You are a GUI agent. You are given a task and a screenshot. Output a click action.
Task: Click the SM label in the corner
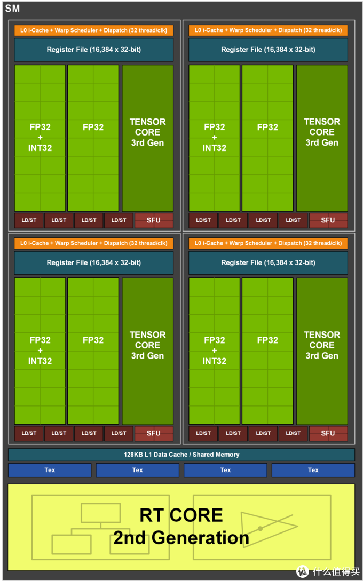pyautogui.click(x=12, y=9)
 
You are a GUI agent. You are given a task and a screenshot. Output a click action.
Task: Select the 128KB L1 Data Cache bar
pyautogui.click(x=181, y=455)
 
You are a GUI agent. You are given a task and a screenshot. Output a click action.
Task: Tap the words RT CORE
pyautogui.click(x=181, y=515)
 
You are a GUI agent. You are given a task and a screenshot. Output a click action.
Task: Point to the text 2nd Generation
pyautogui.click(x=181, y=537)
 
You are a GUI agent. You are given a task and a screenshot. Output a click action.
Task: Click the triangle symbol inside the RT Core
pyautogui.click(x=267, y=528)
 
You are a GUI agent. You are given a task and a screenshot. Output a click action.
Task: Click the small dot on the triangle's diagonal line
pyautogui.click(x=260, y=528)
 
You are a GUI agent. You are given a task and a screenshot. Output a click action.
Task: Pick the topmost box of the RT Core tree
pyautogui.click(x=100, y=513)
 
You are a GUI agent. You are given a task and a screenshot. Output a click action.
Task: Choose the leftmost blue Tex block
pyautogui.click(x=50, y=470)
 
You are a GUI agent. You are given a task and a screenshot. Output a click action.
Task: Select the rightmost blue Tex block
pyautogui.click(x=313, y=470)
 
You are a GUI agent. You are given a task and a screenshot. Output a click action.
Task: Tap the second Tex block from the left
pyautogui.click(x=137, y=470)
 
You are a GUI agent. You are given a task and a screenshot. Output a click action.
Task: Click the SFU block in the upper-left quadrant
pyautogui.click(x=154, y=220)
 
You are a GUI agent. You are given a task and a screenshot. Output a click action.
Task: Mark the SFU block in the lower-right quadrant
pyautogui.click(x=328, y=433)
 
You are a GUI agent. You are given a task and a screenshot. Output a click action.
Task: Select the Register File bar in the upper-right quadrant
pyautogui.click(x=268, y=50)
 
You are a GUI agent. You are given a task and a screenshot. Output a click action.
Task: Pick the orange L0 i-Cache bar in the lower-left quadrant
pyautogui.click(x=93, y=243)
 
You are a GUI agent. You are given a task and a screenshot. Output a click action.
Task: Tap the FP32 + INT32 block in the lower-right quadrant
pyautogui.click(x=214, y=351)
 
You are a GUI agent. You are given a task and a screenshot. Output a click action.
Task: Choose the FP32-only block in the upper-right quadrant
pyautogui.click(x=267, y=138)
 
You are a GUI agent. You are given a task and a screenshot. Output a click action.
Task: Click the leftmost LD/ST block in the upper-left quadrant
pyautogui.click(x=29, y=220)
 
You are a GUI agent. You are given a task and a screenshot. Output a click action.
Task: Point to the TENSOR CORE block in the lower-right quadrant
pyautogui.click(x=322, y=351)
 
